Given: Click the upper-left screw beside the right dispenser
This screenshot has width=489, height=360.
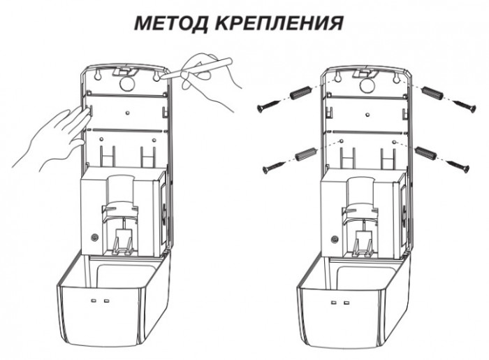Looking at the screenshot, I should pyautogui.click(x=267, y=106).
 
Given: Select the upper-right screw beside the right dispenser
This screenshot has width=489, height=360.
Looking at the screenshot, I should pyautogui.click(x=461, y=105).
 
